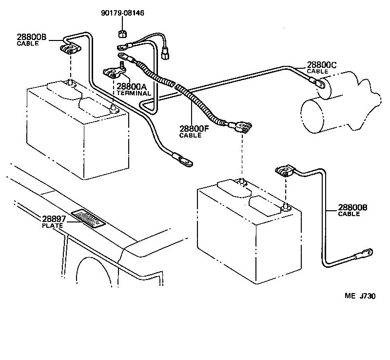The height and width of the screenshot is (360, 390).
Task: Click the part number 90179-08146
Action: point(123,13)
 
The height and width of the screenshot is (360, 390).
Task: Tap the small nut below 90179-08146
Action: point(122,35)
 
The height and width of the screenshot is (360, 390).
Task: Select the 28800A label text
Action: point(131,86)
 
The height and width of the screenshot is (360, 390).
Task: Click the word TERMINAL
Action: point(133,93)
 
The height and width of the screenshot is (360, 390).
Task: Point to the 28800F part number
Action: point(194,129)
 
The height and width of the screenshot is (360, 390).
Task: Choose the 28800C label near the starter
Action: point(321,64)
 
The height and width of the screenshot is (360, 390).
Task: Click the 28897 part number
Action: point(56,219)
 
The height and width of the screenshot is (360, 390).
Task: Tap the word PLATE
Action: point(51,225)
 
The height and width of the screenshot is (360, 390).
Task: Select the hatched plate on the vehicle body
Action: point(88,218)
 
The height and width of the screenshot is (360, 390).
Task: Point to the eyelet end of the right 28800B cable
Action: point(366,253)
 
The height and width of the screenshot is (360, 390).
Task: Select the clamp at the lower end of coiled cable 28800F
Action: point(241,128)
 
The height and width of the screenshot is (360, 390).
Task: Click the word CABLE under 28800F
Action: point(190,135)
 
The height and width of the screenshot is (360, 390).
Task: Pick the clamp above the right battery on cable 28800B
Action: point(284,171)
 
